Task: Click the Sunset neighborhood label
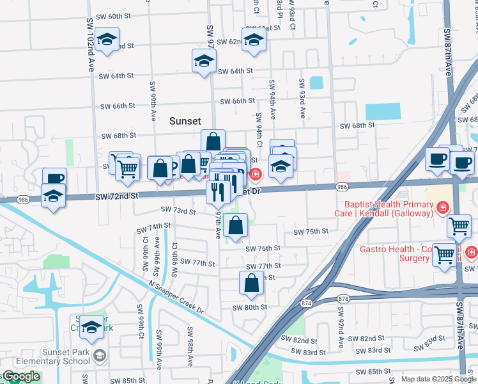coord(185,120)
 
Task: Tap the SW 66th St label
coord(237,101)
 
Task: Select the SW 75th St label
coord(310,232)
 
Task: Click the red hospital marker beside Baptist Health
coord(442,207)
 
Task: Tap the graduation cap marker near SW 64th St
coord(204,61)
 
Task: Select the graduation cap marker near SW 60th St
coord(107,40)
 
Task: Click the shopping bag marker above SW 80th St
coord(252,283)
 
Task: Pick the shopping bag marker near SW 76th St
coord(236,225)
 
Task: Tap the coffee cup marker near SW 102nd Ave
coord(54,179)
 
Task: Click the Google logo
coord(20,376)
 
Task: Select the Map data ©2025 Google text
coord(438,379)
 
